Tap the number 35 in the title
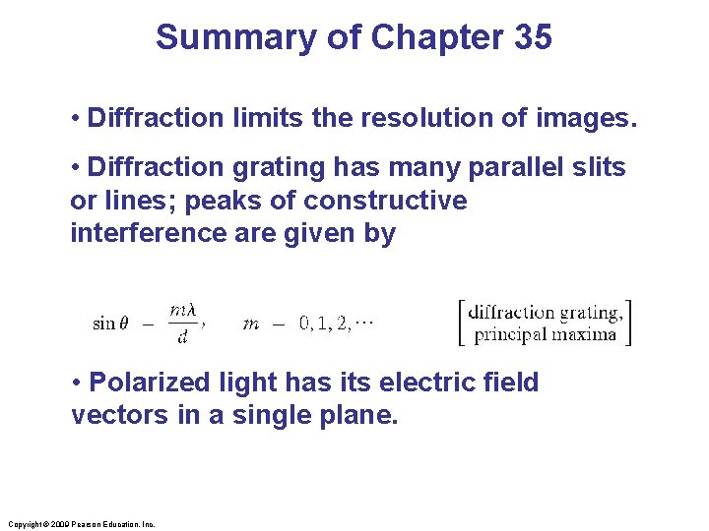point(533,37)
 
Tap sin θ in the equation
point(109,324)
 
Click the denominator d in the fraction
point(182,337)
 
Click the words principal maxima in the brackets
point(546,333)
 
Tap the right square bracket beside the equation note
point(627,323)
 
